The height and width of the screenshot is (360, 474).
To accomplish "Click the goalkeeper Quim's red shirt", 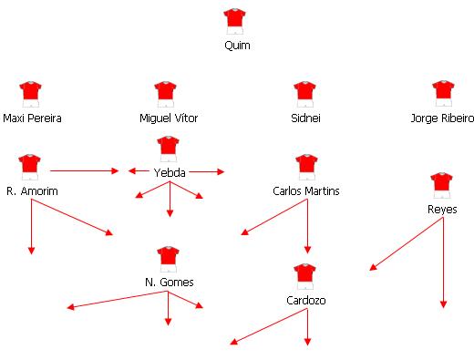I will point(235,18).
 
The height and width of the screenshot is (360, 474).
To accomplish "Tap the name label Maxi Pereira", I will point(33,118).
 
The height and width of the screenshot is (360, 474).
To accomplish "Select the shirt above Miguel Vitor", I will point(166,92).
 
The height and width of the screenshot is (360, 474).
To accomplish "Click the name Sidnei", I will point(305,118).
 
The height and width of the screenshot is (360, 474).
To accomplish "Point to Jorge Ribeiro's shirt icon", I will point(443,92).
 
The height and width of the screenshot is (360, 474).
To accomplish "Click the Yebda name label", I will point(170,172).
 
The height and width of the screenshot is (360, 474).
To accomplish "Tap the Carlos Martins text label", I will point(306,191).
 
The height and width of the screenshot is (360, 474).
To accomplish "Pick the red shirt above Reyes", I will point(442,183).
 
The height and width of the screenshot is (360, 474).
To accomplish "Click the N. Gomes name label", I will point(169,283).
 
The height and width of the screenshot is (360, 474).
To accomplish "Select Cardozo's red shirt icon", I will point(305,274).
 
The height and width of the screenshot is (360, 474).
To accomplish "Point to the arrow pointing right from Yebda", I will point(209,170).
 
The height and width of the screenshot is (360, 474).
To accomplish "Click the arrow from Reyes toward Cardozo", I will point(407,243).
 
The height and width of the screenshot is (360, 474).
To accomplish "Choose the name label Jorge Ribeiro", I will point(443,118).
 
